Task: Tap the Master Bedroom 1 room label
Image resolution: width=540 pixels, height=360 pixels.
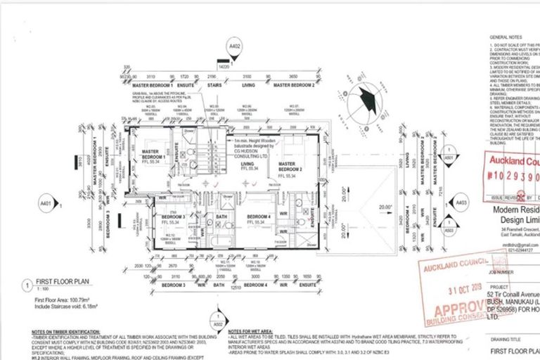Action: point(150,154)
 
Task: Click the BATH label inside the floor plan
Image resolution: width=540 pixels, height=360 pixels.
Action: point(220,217)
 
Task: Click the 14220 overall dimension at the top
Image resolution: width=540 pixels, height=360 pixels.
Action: point(224,66)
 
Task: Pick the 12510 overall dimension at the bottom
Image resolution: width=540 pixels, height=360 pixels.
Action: point(235,287)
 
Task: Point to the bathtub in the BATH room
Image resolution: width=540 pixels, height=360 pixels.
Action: point(220,232)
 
